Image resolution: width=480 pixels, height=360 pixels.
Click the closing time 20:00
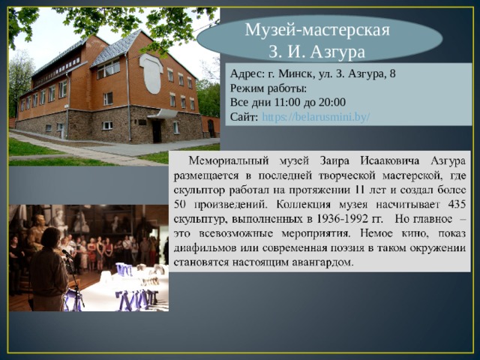coord(330,103)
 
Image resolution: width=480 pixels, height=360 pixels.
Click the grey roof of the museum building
coord(116,47)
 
